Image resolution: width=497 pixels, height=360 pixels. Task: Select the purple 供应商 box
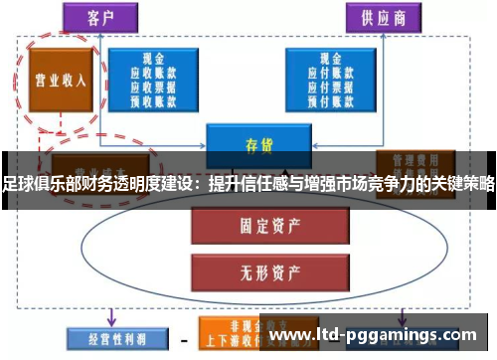pyautogui.click(x=380, y=18)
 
